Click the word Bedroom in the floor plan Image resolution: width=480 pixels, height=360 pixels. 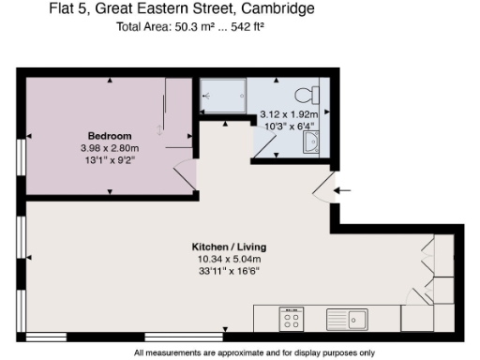point(110,134)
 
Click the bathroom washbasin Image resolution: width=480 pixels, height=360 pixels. point(310,142)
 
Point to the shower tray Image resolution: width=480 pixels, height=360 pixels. point(221,96)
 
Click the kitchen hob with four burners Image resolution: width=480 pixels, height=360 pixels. point(291,320)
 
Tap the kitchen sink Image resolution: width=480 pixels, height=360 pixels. point(347,320)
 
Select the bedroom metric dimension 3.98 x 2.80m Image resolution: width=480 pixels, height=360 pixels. point(110,147)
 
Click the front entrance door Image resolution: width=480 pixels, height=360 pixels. point(323,190)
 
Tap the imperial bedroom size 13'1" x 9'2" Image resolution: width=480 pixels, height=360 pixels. point(110,159)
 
